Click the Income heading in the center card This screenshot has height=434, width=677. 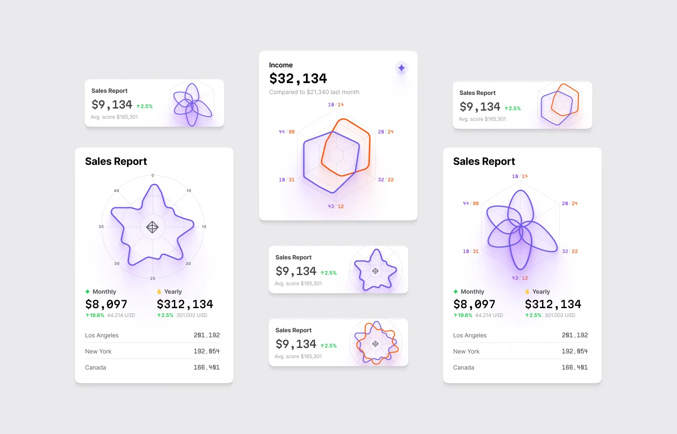pyautogui.click(x=281, y=65)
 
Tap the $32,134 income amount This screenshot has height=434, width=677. pyautogui.click(x=298, y=78)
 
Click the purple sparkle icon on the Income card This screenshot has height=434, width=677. pyautogui.click(x=401, y=68)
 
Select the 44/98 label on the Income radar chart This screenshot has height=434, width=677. pyautogui.click(x=286, y=132)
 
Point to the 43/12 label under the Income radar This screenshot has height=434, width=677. pyautogui.click(x=336, y=206)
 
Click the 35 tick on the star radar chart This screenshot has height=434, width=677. pyautogui.click(x=101, y=227)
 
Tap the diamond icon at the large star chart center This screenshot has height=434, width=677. pyautogui.click(x=152, y=227)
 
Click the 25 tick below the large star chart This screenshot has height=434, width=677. pyautogui.click(x=153, y=278)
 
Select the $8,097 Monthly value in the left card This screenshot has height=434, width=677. pyautogui.click(x=106, y=304)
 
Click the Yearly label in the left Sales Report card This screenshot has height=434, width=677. pyautogui.click(x=173, y=292)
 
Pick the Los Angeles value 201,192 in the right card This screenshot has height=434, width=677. pyautogui.click(x=575, y=335)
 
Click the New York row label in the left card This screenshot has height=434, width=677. pyautogui.click(x=98, y=351)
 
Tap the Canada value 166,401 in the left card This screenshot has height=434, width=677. pyautogui.click(x=206, y=367)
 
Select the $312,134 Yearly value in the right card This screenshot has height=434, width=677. pyautogui.click(x=553, y=304)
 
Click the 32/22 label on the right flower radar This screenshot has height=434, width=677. pyautogui.click(x=570, y=251)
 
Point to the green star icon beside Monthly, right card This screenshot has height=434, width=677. pyautogui.click(x=456, y=292)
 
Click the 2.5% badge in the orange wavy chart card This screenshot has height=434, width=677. pyautogui.click(x=329, y=346)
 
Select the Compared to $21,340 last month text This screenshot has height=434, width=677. pyautogui.click(x=314, y=92)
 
